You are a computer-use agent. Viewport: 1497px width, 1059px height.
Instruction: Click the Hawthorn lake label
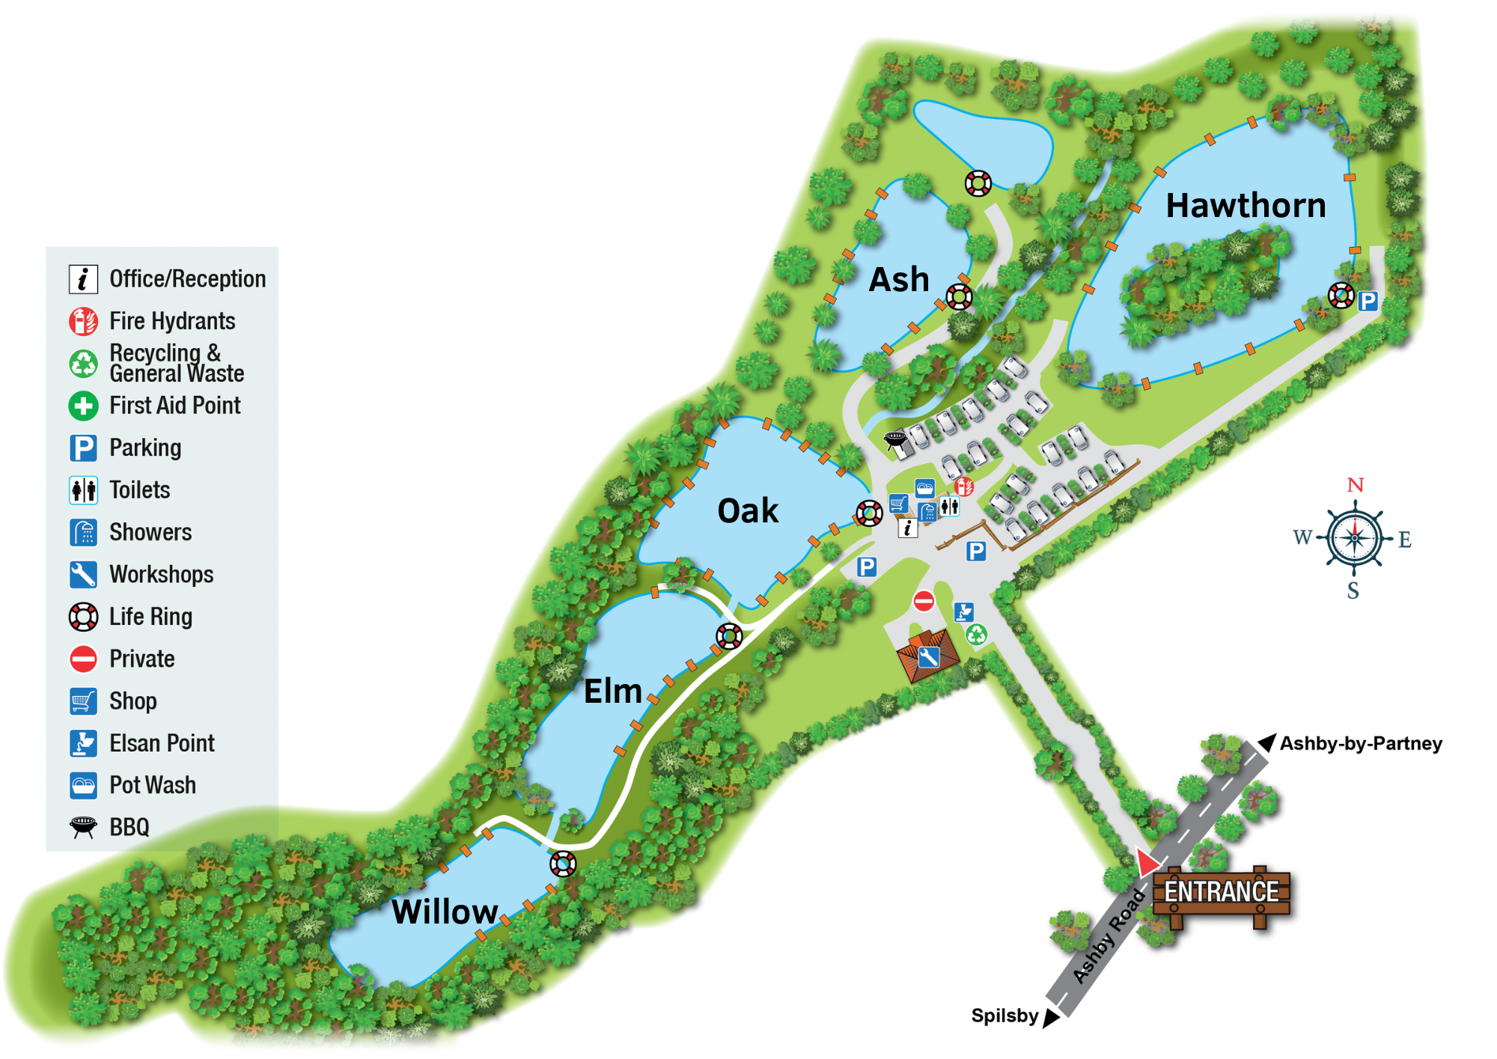pyautogui.click(x=1246, y=205)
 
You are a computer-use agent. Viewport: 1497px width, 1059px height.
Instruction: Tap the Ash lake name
pyautogui.click(x=899, y=280)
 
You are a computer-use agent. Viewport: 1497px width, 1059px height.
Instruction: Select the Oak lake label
pyautogui.click(x=748, y=511)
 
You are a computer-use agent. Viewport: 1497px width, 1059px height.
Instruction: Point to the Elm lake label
pyautogui.click(x=613, y=691)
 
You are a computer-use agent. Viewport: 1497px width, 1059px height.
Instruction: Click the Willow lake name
pyautogui.click(x=445, y=912)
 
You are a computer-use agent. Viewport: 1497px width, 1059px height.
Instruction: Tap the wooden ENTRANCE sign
pyautogui.click(x=1222, y=892)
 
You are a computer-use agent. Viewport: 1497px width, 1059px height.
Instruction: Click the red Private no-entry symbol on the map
pyautogui.click(x=924, y=600)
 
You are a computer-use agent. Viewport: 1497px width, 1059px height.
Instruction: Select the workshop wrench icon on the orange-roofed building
pyautogui.click(x=928, y=658)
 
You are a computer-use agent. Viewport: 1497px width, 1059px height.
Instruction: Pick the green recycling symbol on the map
pyautogui.click(x=976, y=635)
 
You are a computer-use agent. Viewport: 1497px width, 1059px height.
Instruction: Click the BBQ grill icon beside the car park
pyautogui.click(x=895, y=439)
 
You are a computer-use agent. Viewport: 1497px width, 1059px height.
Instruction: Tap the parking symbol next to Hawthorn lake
pyautogui.click(x=1368, y=301)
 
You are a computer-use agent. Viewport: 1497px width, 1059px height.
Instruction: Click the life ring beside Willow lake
pyautogui.click(x=563, y=864)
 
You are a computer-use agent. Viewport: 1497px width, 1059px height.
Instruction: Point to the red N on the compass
pyautogui.click(x=1355, y=485)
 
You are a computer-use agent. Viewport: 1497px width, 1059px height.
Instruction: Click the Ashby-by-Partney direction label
pyautogui.click(x=1361, y=743)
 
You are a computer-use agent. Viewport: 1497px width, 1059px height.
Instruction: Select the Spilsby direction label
pyautogui.click(x=1004, y=1016)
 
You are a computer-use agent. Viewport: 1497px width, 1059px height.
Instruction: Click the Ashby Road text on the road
pyautogui.click(x=1109, y=936)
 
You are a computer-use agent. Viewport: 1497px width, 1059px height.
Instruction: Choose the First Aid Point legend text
pyautogui.click(x=175, y=406)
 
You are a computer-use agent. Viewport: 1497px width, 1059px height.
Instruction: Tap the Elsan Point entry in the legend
pyautogui.click(x=162, y=743)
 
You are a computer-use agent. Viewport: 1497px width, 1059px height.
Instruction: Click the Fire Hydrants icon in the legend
pyautogui.click(x=83, y=322)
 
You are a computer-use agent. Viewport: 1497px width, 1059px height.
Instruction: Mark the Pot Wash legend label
pyautogui.click(x=153, y=785)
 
